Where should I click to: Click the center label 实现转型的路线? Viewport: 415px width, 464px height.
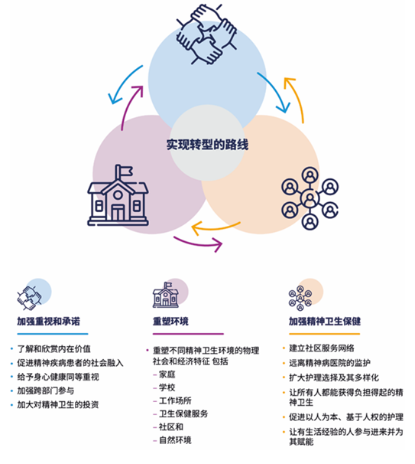coord(207,145)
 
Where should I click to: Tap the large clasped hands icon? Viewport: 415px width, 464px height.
coord(206,34)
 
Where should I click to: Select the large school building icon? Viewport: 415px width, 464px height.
coord(118,195)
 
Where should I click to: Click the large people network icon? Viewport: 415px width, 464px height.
coord(310,198)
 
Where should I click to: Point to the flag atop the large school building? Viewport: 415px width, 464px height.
coord(125,172)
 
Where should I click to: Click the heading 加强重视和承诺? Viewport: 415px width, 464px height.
coord(48,321)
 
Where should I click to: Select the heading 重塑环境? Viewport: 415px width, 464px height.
coord(170,321)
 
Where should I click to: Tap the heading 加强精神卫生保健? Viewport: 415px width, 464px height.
coord(325,321)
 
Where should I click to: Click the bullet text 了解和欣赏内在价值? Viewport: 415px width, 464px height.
coord(53,349)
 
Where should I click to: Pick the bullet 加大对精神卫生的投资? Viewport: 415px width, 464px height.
coord(58,404)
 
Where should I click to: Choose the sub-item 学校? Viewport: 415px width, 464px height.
coord(167,387)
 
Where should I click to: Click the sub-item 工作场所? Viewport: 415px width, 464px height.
coord(175,400)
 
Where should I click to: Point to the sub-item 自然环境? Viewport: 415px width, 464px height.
coord(175,440)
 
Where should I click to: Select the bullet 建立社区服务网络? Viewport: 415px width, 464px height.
coord(321,348)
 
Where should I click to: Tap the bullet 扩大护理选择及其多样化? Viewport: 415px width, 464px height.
coord(334,377)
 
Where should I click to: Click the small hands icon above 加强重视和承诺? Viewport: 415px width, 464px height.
coord(30,299)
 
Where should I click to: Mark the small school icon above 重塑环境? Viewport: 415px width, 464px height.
coord(165,295)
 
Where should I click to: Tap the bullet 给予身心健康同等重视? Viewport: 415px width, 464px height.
coord(58,377)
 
